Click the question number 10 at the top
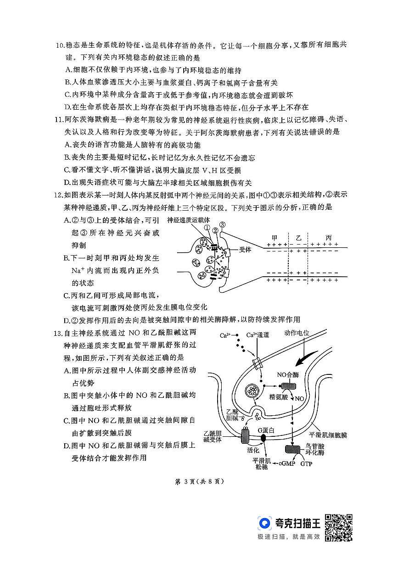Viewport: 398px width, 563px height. pos(60,46)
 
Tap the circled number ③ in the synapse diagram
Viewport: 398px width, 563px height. pos(223,225)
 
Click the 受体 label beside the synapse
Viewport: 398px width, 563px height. pos(245,250)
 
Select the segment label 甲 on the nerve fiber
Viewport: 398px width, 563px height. pos(275,238)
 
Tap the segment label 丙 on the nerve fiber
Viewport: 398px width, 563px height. pos(328,238)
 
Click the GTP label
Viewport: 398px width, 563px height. pos(307,463)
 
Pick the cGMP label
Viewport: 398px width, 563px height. pos(286,463)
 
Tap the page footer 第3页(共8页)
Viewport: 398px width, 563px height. pos(198,482)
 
